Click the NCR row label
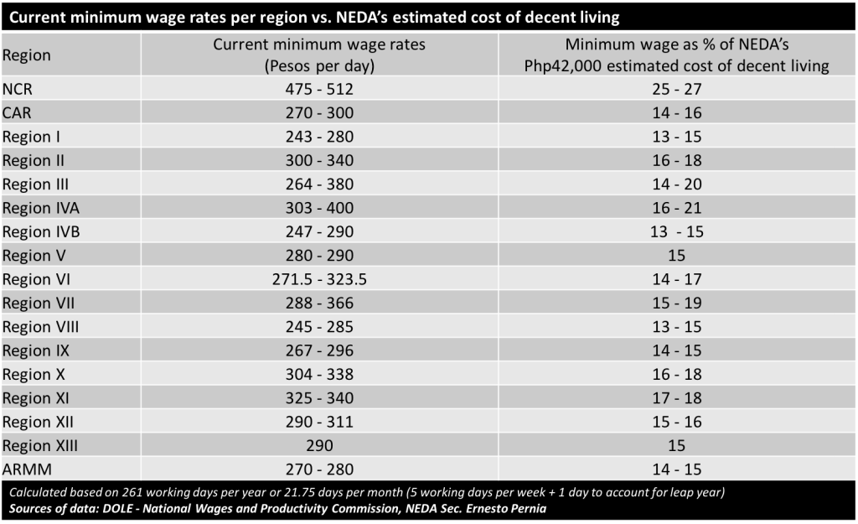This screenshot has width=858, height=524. tap(18, 88)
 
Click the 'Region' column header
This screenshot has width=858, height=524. tap(27, 55)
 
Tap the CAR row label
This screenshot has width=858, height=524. tap(18, 112)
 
